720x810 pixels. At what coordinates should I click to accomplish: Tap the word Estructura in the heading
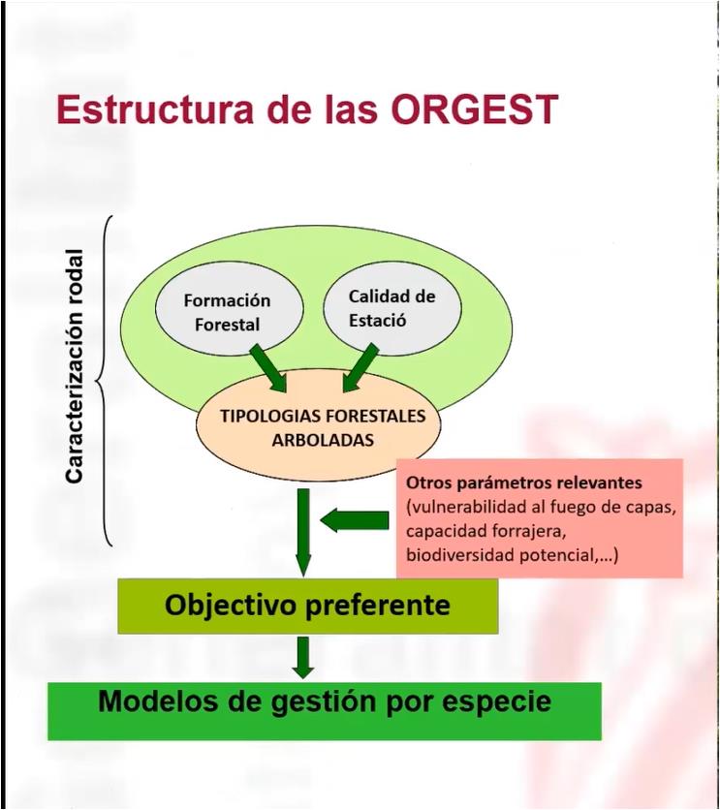(x=155, y=109)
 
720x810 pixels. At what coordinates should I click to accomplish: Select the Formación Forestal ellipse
(x=229, y=309)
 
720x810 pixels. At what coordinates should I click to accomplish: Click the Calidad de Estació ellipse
(x=392, y=308)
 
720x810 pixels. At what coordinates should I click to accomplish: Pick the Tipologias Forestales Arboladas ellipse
(x=318, y=426)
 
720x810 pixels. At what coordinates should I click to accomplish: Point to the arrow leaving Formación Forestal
(x=268, y=368)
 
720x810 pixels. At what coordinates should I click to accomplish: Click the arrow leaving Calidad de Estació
(x=360, y=368)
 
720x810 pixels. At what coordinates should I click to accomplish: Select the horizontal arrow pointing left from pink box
(x=355, y=519)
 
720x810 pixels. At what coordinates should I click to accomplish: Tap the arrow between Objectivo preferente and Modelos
(x=303, y=658)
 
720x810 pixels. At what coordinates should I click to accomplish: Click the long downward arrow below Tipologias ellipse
(x=303, y=532)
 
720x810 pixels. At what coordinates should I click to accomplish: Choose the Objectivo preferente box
(x=308, y=606)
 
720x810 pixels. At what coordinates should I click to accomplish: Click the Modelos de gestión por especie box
(x=325, y=711)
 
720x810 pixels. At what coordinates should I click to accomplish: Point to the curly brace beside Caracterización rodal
(x=104, y=381)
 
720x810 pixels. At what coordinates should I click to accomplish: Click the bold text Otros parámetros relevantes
(x=523, y=483)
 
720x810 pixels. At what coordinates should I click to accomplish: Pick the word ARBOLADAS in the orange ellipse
(x=323, y=440)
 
